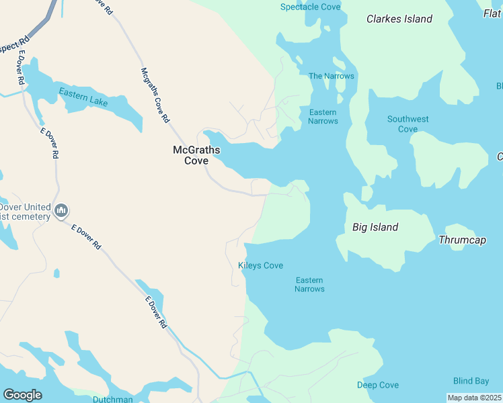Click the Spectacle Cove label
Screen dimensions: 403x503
tap(310, 7)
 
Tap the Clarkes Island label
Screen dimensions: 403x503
tap(399, 19)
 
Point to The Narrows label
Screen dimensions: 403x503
tap(331, 76)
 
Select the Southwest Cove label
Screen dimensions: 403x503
tap(408, 124)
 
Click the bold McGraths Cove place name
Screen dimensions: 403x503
tap(196, 155)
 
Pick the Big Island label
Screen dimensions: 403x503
tap(375, 227)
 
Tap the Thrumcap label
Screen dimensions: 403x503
tap(462, 240)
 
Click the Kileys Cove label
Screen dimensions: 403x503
tap(260, 265)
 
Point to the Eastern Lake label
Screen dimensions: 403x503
tap(83, 97)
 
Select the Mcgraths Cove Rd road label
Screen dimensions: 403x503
tap(155, 95)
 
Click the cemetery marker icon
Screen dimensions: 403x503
tap(61, 211)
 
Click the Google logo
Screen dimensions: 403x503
tap(22, 395)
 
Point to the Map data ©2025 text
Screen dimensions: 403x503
tap(475, 398)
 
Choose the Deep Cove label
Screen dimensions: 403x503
tap(377, 385)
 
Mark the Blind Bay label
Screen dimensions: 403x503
tap(471, 381)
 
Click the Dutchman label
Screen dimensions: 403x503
tap(112, 399)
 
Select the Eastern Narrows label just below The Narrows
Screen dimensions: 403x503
tap(323, 116)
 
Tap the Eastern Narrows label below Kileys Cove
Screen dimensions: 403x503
tap(309, 285)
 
